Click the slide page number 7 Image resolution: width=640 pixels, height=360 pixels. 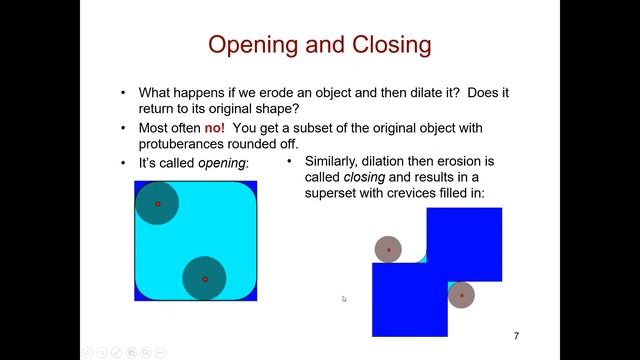pos(516,335)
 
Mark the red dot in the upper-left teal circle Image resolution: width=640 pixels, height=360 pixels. pos(157,204)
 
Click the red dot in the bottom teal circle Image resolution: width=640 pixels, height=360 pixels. pos(205,279)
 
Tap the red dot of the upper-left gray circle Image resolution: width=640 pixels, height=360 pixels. pos(389,250)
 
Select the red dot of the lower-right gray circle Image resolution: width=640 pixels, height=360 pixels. pos(461,295)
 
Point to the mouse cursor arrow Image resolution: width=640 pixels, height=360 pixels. pos(344,298)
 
